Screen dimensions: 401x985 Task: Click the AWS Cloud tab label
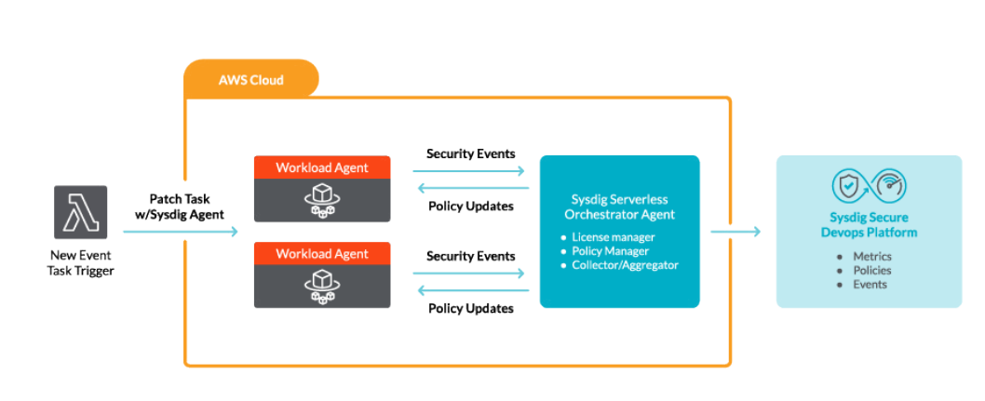click(x=251, y=80)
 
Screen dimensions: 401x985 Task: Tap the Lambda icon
click(x=80, y=212)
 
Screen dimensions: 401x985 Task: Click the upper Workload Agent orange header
click(x=322, y=167)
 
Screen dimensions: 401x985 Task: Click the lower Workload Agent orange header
click(x=322, y=255)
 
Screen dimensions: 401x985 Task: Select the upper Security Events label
click(x=470, y=154)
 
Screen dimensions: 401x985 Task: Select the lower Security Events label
click(x=470, y=256)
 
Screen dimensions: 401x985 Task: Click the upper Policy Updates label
click(x=470, y=206)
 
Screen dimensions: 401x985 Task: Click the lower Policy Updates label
click(x=470, y=308)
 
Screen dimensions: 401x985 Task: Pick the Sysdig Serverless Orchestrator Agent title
click(x=619, y=207)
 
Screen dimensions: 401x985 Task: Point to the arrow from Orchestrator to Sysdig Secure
click(x=735, y=232)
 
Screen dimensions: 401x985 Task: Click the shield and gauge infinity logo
click(x=868, y=186)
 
